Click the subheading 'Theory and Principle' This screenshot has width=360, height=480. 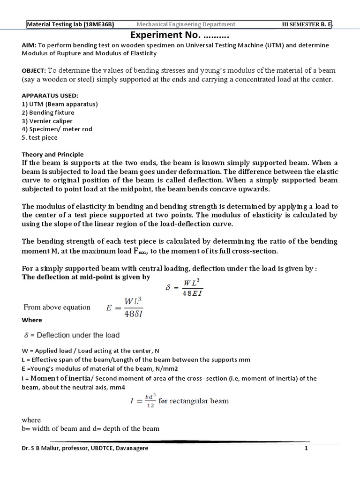tap(52, 154)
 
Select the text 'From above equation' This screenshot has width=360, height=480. tap(57, 307)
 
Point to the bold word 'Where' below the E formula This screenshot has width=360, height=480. tap(32, 320)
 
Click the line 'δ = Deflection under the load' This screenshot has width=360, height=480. tap(72, 335)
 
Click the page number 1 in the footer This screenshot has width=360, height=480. tap(306, 449)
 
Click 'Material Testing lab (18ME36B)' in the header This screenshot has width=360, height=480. tap(70, 24)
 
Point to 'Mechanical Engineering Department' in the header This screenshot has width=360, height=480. tap(186, 24)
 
